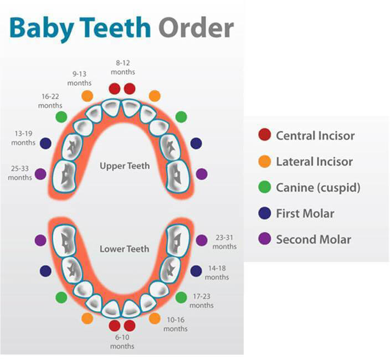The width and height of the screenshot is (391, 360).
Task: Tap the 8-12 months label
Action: pos(122,68)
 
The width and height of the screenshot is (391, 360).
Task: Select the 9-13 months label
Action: pos(79,78)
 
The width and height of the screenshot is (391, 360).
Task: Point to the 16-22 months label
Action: pos(50,101)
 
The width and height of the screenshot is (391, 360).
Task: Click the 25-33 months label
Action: pos(20,173)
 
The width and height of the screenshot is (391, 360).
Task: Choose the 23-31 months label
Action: pos(224,242)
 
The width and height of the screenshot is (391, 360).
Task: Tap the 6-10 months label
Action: pos(122,342)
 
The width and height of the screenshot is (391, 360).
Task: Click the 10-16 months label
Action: pos(176,324)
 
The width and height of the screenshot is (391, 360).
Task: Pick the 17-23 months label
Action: pos(202,301)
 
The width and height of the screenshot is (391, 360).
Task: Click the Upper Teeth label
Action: pos(125,166)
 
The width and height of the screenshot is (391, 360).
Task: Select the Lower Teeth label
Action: pos(125,249)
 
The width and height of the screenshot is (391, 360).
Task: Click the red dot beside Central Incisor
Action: pos(265,135)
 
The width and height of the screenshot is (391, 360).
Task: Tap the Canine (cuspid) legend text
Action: pos(318,188)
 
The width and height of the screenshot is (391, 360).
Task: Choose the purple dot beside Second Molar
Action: pos(265,240)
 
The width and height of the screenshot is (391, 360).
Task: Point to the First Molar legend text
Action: pos(305,214)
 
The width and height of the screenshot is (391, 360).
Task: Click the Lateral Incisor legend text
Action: pos(314,162)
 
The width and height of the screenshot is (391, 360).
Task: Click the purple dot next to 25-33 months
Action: pos(40,174)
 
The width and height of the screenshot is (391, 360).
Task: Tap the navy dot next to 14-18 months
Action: pos(196,271)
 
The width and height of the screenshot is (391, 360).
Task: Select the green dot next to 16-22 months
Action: pos(61,117)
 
